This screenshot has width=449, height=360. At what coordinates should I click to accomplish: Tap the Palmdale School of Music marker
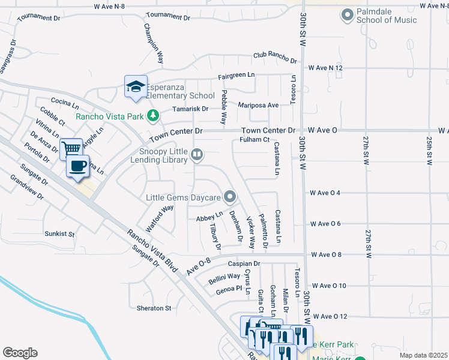click(347, 14)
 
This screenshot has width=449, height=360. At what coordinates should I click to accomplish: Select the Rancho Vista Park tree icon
click(154, 115)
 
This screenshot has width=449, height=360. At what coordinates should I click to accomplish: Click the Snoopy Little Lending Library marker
click(196, 156)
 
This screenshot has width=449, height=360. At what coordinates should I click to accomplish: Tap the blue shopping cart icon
click(71, 148)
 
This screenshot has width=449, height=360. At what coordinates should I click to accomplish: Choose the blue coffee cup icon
click(77, 166)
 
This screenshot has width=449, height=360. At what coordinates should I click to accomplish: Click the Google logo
click(20, 353)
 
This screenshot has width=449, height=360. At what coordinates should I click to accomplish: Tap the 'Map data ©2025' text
click(423, 355)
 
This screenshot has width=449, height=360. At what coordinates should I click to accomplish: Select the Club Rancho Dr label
click(275, 57)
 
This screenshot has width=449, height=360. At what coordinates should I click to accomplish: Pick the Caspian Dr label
click(243, 263)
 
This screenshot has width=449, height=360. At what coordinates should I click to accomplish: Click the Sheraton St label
click(154, 308)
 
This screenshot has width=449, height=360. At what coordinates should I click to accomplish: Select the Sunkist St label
click(59, 233)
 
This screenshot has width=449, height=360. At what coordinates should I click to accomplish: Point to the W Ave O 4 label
click(325, 193)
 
